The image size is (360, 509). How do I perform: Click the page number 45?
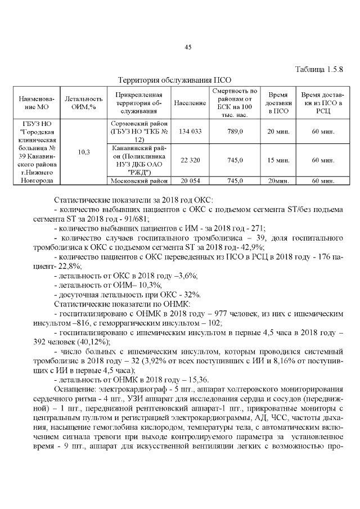tap(188, 47)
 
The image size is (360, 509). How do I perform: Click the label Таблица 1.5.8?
tap(319, 70)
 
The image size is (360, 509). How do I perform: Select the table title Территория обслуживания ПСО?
tap(174, 80)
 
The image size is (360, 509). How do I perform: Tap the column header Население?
tap(190, 103)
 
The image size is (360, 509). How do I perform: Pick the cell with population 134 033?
tap(190, 131)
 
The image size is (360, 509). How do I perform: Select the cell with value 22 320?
tap(190, 160)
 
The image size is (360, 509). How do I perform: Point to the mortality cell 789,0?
tap(235, 131)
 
